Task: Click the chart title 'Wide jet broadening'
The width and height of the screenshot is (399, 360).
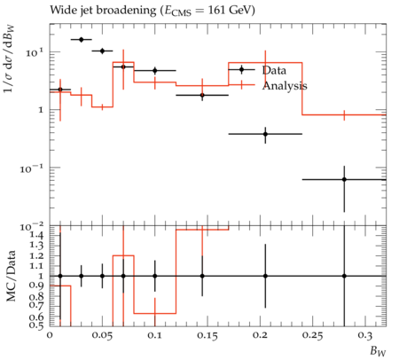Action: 103,11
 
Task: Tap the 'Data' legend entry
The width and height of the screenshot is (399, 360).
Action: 274,70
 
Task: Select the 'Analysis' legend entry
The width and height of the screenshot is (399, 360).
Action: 285,85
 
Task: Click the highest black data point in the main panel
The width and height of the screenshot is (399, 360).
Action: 82,40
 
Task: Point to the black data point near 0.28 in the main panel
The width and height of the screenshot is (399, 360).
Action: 344,179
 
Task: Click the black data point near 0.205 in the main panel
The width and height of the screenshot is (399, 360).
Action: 265,134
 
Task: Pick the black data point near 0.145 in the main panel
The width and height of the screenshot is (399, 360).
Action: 202,95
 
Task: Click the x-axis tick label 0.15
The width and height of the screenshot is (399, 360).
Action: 207,335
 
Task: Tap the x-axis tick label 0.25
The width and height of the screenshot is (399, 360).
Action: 313,335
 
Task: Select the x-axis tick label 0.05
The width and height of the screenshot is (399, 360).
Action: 102,335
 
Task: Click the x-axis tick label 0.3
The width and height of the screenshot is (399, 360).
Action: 365,335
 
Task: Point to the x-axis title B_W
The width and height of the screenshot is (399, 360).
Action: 378,351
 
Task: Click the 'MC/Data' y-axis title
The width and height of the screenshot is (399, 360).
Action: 11,276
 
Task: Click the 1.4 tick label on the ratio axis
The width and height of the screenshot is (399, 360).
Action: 36,236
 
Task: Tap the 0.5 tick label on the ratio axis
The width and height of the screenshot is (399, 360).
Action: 36,325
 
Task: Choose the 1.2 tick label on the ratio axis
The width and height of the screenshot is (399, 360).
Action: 36,255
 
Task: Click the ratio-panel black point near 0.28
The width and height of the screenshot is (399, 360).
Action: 344,276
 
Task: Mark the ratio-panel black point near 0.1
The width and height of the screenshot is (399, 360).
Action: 155,276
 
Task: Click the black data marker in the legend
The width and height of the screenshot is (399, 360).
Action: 241,70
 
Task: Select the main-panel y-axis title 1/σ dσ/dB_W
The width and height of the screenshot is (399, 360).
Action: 9,59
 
